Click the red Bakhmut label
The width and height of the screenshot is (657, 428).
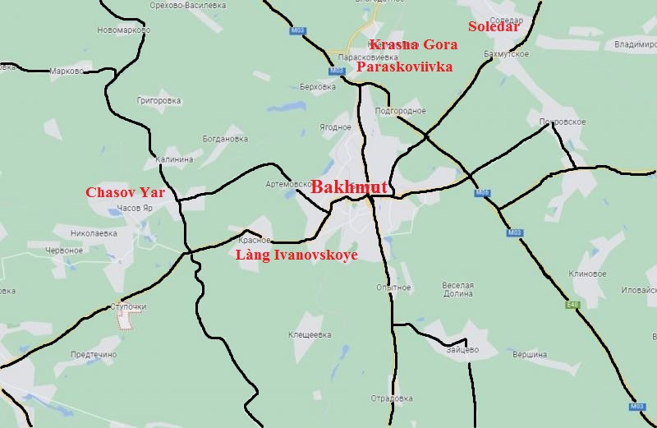[x=349, y=186]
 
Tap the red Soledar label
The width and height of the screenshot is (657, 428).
[x=494, y=26]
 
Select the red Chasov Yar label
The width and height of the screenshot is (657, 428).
[x=126, y=193]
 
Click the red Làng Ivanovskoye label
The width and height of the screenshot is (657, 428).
[x=296, y=255]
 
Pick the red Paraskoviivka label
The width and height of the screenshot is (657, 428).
[x=404, y=67]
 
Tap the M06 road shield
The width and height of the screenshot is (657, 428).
[x=483, y=193]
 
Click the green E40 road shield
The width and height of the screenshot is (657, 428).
[x=572, y=305]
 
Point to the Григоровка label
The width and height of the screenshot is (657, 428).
[x=159, y=101]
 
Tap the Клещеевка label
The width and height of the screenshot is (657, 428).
[x=310, y=335]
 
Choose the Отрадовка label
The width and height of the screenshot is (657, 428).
[x=391, y=400]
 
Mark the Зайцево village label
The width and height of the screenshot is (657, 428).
[x=463, y=350]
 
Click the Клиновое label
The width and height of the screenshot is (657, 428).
[x=586, y=274]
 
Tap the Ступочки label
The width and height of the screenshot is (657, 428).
[x=128, y=307]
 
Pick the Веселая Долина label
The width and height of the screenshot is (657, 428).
[x=457, y=291]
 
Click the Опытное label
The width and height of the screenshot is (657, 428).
[x=393, y=288]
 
